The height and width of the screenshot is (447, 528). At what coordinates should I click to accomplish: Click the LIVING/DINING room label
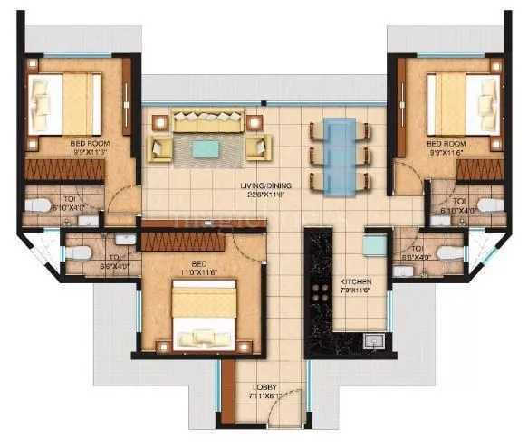coord(263,185)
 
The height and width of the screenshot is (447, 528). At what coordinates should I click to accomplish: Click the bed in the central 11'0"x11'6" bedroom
coord(204,307)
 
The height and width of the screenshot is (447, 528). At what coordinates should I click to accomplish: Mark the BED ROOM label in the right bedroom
coord(445,143)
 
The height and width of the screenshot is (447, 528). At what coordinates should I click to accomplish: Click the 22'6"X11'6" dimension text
coord(263,195)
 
